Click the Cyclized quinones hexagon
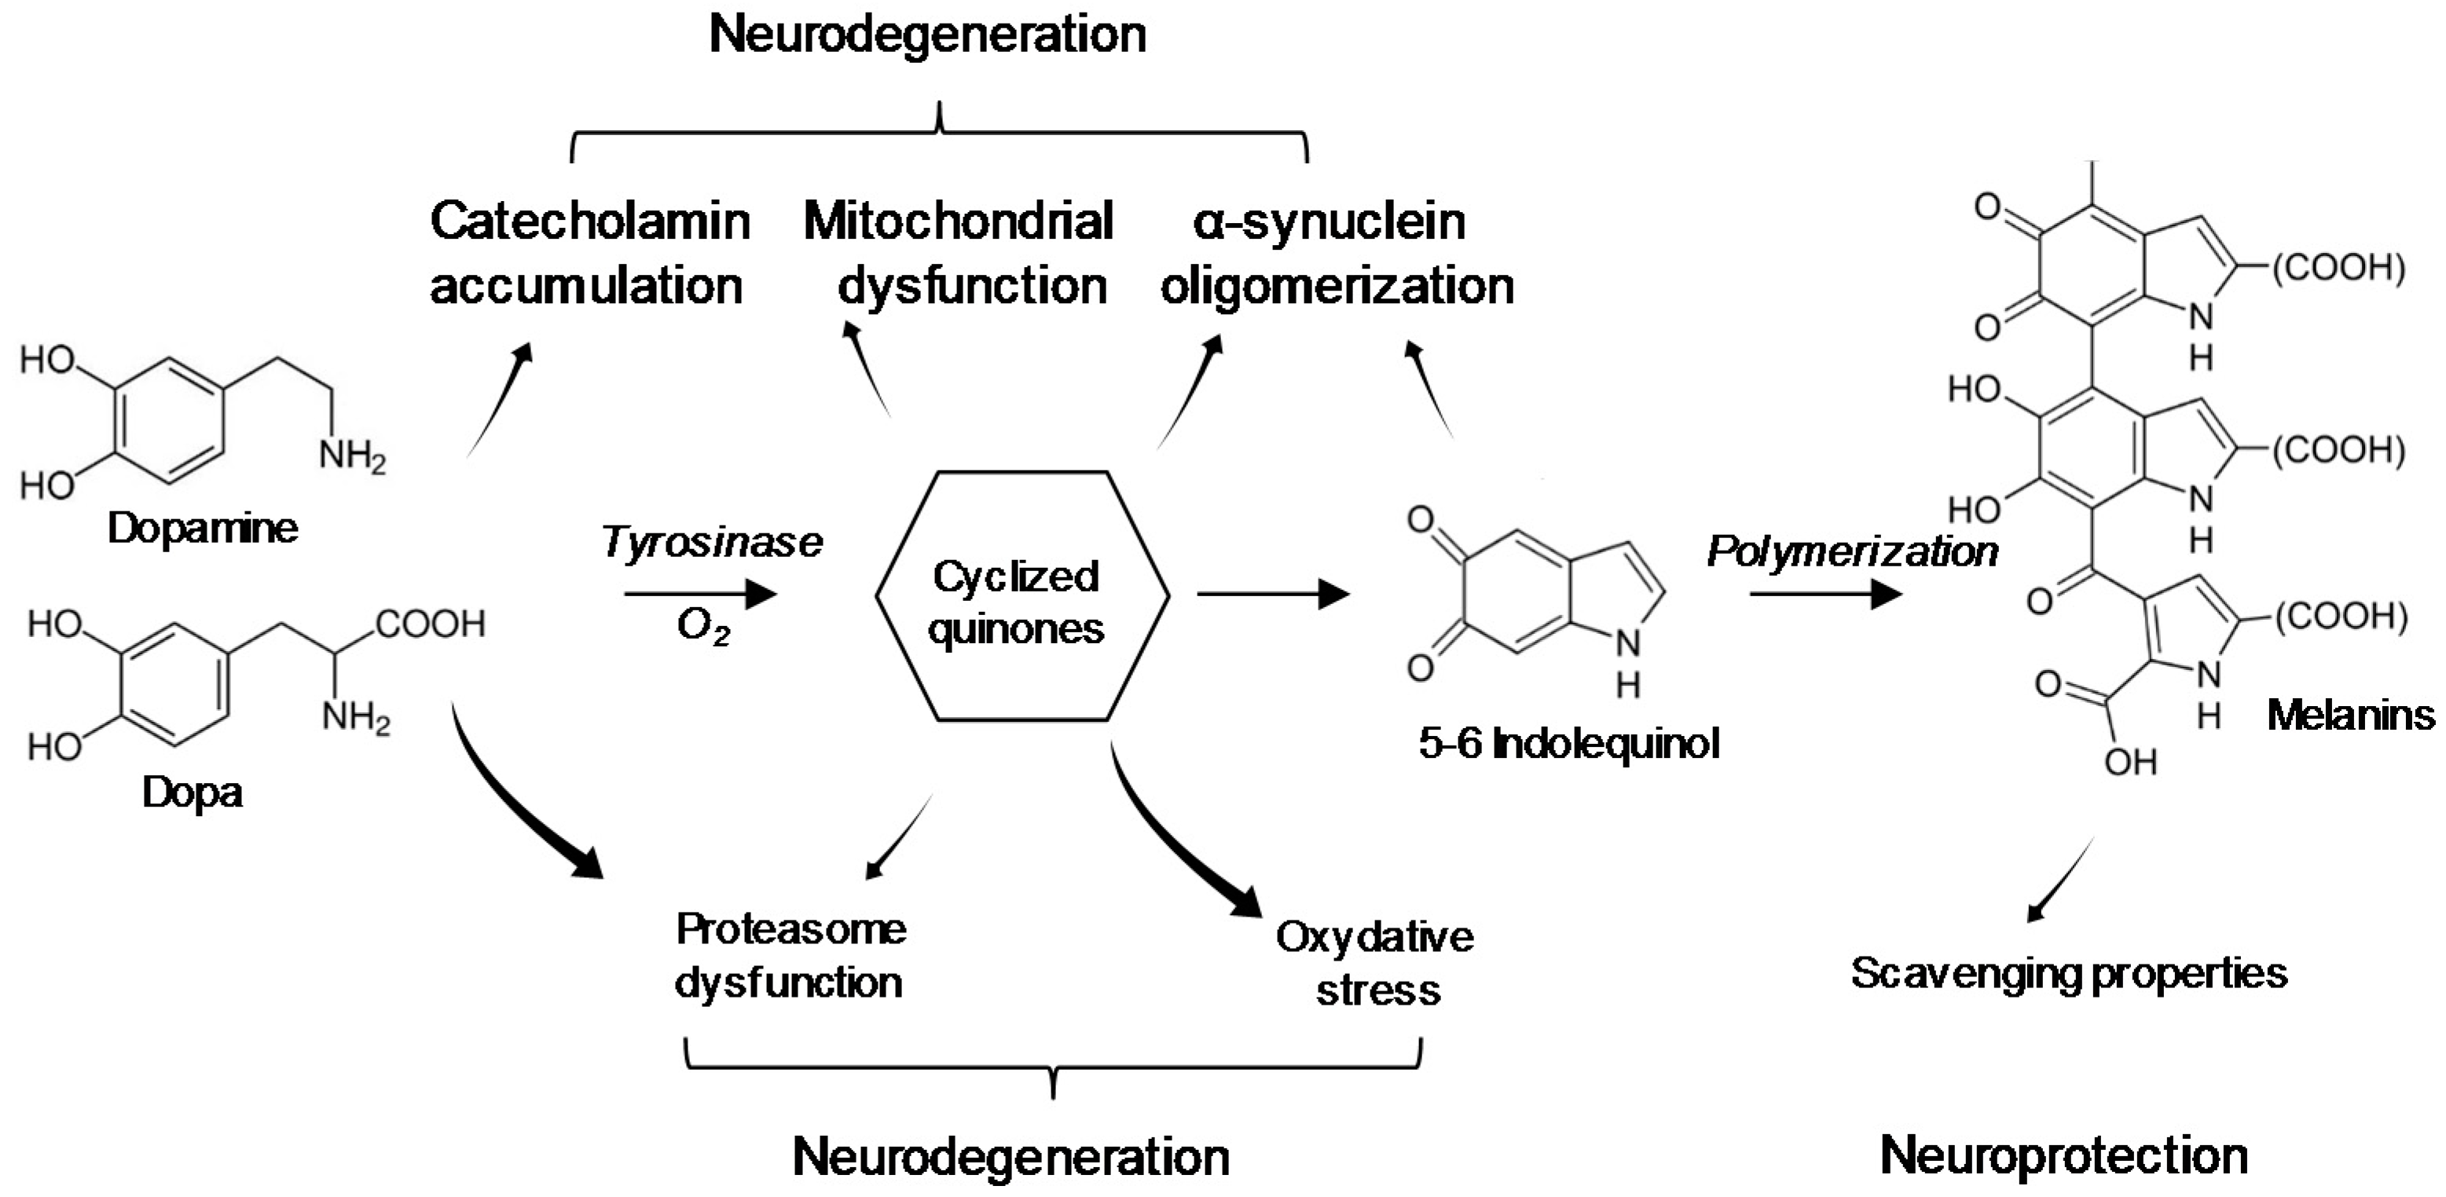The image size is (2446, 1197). click(x=1021, y=596)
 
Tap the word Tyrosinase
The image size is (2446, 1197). click(x=711, y=543)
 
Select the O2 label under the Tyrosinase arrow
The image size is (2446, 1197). click(x=702, y=628)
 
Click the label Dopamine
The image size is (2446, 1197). click(x=202, y=529)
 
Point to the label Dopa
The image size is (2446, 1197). click(x=192, y=792)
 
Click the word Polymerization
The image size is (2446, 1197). click(x=1852, y=551)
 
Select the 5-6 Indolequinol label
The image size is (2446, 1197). click(x=1568, y=743)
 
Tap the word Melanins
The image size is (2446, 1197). click(x=2350, y=715)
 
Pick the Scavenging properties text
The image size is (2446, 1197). click(x=2069, y=974)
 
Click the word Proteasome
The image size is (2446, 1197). click(x=791, y=929)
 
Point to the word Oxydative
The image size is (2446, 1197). click(x=1374, y=938)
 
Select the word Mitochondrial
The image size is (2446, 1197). click(x=958, y=221)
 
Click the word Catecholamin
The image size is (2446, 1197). click(x=589, y=221)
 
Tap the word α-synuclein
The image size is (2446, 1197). click(x=1329, y=221)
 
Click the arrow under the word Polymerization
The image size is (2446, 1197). click(x=1825, y=595)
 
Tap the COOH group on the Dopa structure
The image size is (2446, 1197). click(x=430, y=624)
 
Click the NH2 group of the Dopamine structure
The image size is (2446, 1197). click(x=352, y=456)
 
